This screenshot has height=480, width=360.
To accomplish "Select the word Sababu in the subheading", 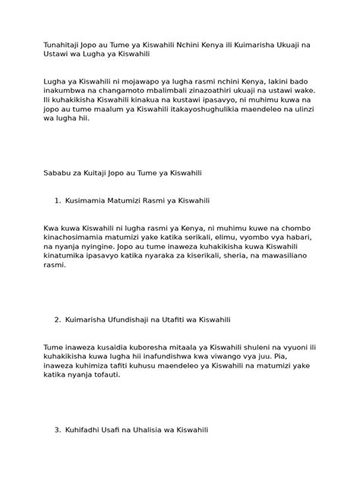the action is point(59,173).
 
